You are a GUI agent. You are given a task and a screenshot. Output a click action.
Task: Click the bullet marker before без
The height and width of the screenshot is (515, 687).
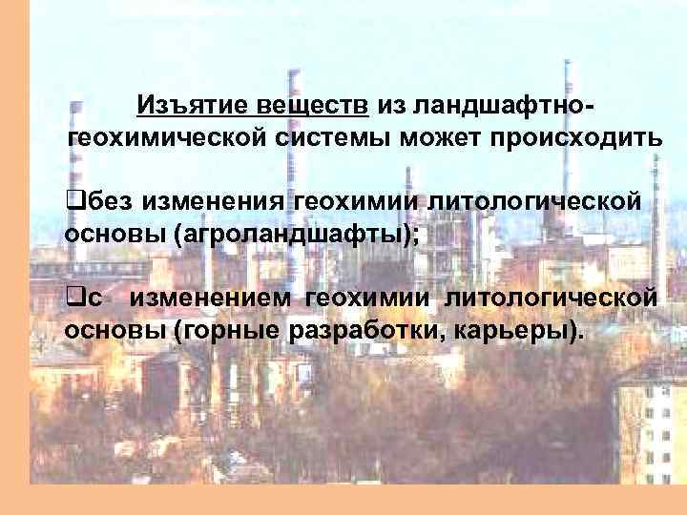pos(71,201)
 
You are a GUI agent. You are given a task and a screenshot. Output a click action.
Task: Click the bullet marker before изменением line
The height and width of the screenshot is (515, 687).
pos(71,299)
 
